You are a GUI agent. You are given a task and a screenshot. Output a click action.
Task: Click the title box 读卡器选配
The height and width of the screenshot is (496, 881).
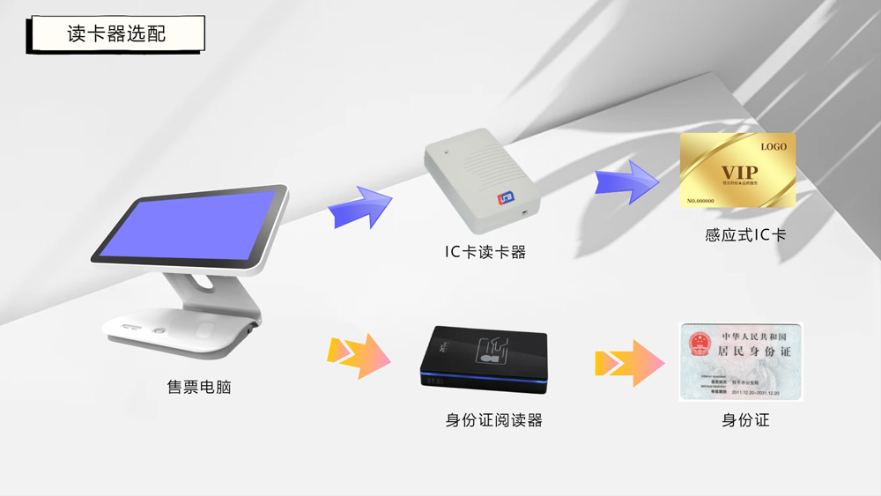point(116,34)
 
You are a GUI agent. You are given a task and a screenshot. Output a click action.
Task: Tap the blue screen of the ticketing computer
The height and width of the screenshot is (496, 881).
point(189,226)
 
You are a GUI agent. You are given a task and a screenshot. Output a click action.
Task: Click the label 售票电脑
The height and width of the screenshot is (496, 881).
point(199,386)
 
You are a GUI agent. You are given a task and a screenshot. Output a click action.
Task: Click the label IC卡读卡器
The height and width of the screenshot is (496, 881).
point(485,252)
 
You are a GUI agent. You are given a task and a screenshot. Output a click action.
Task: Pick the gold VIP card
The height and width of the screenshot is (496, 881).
point(737,171)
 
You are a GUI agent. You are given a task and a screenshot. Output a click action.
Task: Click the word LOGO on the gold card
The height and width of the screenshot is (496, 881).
point(774,146)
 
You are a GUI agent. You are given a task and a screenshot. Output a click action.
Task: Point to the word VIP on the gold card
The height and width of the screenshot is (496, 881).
point(738,172)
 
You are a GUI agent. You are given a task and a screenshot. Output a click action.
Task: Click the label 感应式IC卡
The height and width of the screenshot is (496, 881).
point(745,235)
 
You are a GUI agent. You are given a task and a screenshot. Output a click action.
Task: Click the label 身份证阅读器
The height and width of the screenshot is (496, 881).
point(493,420)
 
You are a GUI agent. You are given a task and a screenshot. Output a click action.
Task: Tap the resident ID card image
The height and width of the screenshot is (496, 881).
point(740,361)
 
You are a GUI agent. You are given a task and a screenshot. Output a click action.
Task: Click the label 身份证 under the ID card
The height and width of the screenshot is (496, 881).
point(745,420)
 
